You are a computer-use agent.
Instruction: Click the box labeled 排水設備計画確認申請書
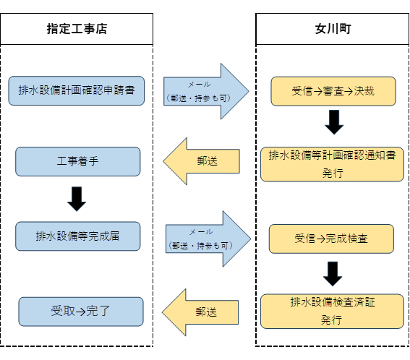click(76, 91)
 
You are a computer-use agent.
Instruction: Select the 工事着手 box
click(77, 161)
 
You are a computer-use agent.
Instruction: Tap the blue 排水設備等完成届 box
click(77, 236)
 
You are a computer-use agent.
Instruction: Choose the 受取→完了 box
click(80, 312)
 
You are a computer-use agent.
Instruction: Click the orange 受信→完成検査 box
click(331, 239)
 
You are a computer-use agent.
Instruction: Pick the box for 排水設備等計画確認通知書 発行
click(332, 164)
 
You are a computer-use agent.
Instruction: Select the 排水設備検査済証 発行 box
click(332, 311)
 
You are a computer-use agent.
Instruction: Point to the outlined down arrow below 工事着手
click(77, 198)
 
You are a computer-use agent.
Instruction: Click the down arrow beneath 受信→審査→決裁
click(333, 122)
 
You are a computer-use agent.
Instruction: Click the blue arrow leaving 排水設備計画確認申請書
click(205, 91)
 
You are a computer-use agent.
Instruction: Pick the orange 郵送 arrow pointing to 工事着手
click(202, 161)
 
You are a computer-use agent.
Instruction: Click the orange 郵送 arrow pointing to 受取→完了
click(200, 312)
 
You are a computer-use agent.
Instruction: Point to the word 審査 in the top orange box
click(333, 92)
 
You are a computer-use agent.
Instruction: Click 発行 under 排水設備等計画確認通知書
click(332, 173)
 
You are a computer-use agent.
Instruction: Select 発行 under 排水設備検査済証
click(331, 320)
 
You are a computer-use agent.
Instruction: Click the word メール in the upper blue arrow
click(200, 85)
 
